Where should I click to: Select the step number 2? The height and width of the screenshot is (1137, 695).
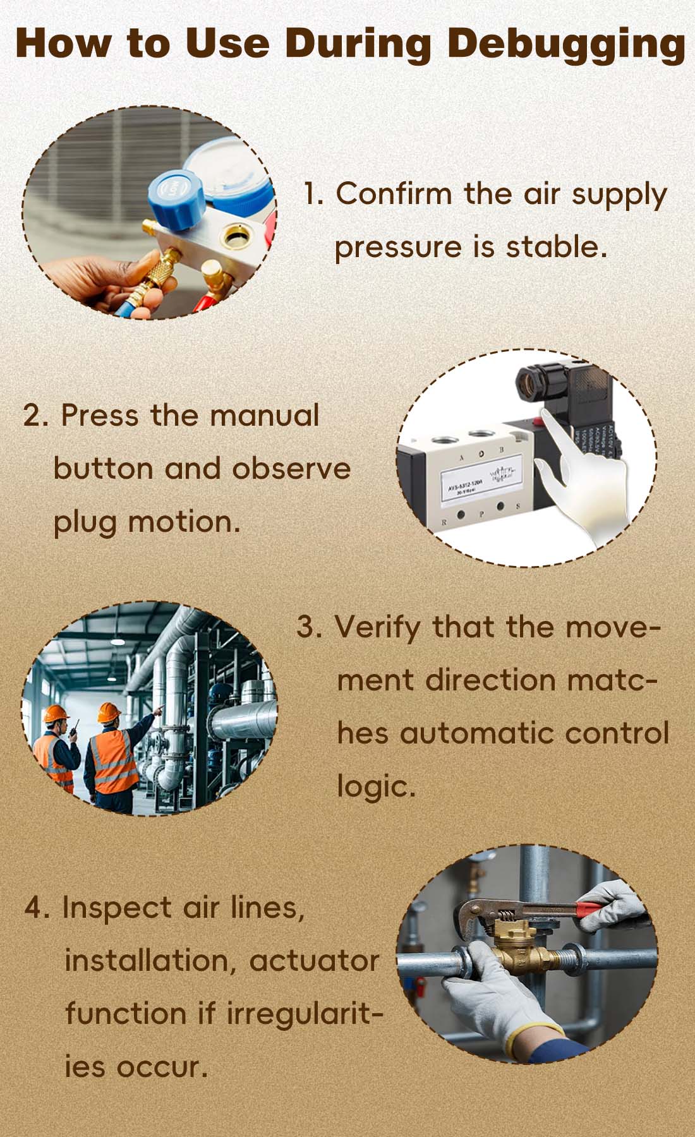tap(35, 416)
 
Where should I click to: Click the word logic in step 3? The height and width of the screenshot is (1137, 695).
tap(375, 787)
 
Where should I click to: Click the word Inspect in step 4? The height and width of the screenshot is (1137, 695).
tap(116, 908)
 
